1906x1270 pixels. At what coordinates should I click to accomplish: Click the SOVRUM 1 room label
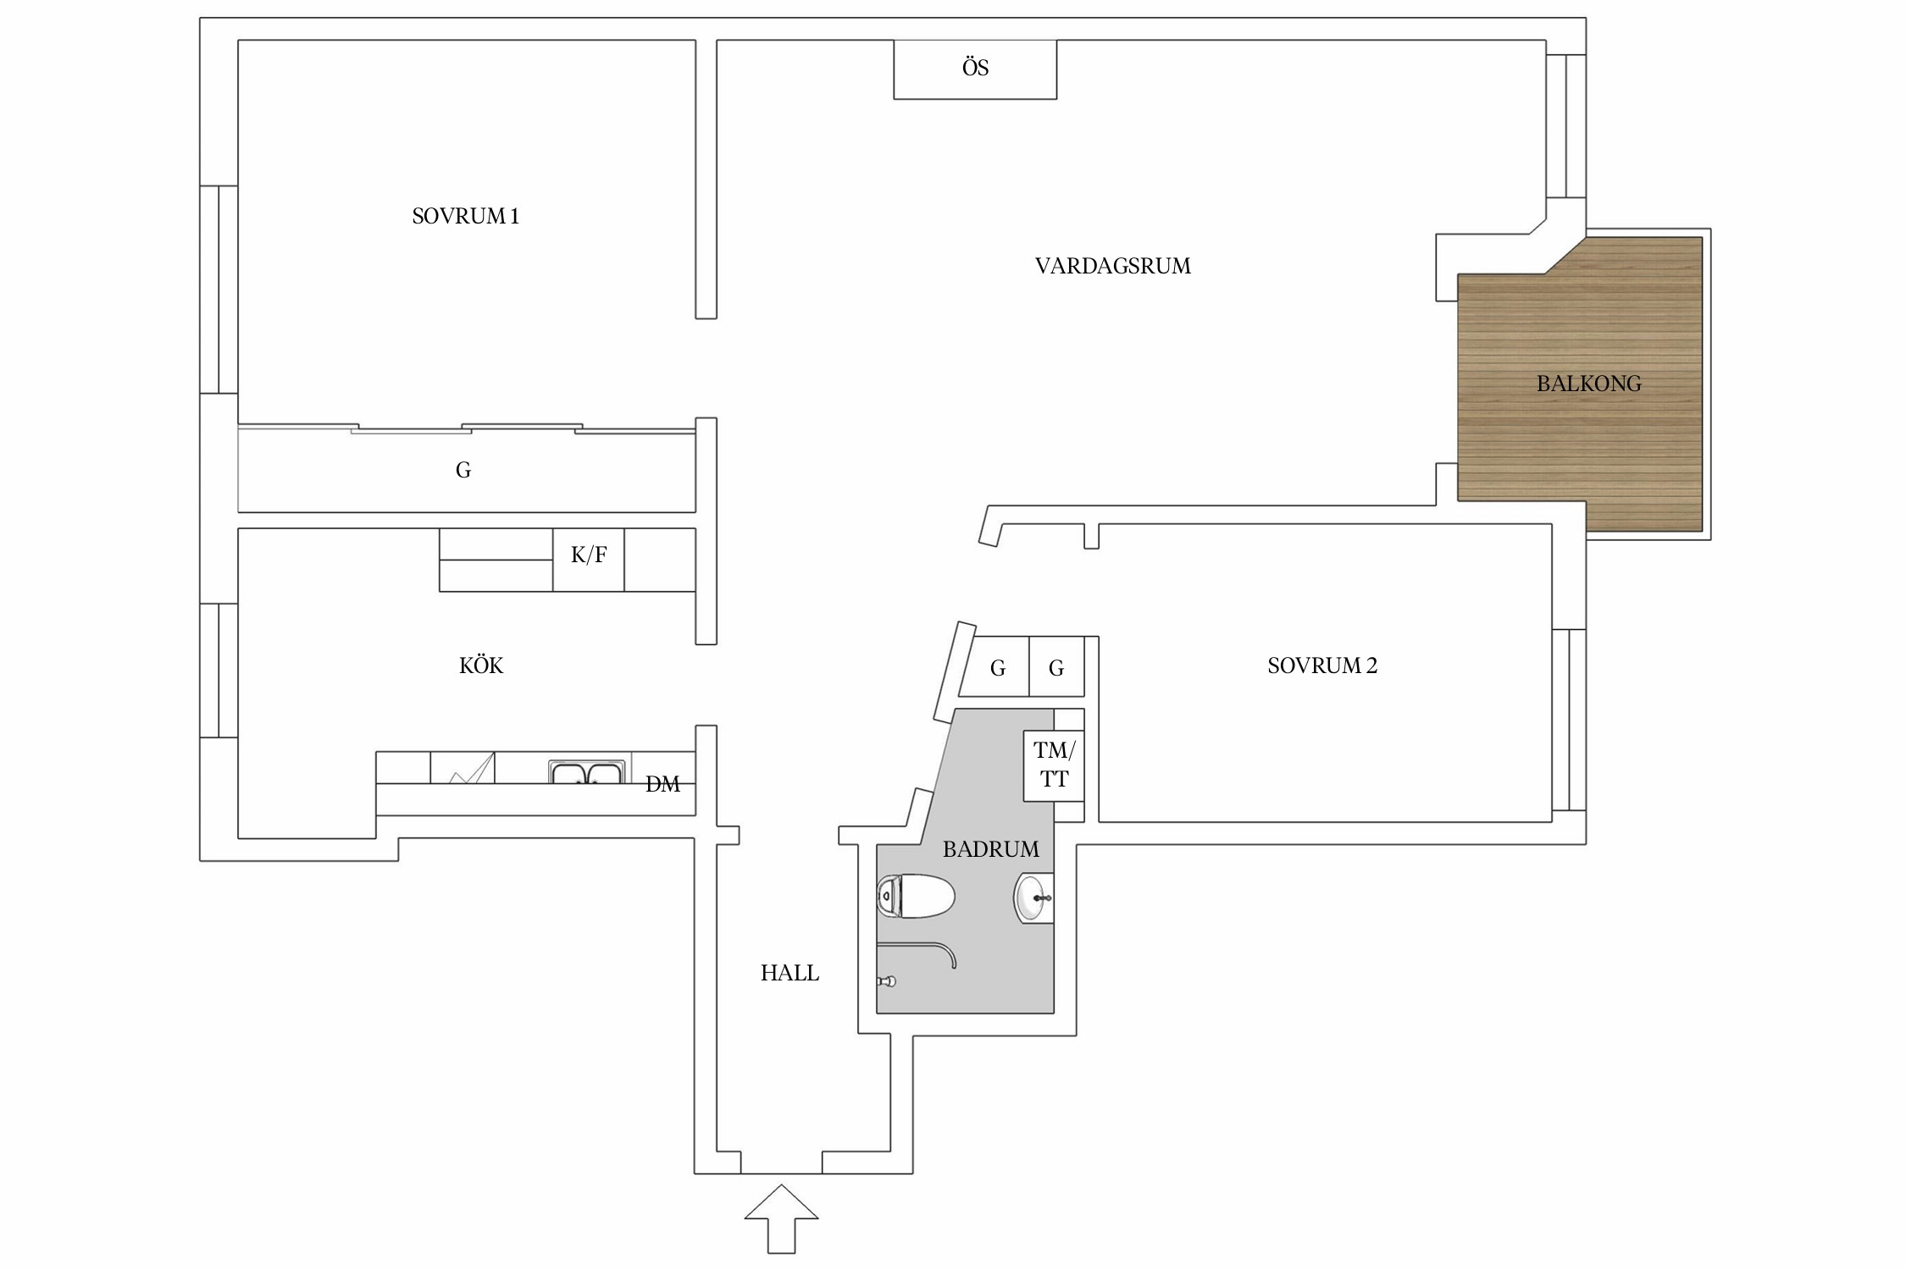(x=465, y=217)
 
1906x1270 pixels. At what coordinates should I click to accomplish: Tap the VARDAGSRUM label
(x=1112, y=267)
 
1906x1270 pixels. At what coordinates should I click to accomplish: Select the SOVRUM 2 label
(x=1322, y=666)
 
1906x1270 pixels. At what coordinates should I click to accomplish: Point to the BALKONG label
(x=1588, y=384)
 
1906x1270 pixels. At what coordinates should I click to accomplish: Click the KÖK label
(x=481, y=665)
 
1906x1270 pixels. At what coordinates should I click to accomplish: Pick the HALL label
(x=790, y=974)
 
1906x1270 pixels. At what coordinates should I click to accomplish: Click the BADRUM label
(x=990, y=849)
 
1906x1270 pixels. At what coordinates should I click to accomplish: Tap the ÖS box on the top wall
(x=975, y=69)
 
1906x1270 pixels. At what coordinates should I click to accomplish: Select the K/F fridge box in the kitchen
(x=589, y=560)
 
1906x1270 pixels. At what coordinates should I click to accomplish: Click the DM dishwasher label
(x=662, y=785)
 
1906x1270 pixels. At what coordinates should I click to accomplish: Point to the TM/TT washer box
(x=1054, y=765)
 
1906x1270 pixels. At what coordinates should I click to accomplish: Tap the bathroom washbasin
(x=1033, y=898)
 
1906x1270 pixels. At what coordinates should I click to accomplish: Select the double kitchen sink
(x=586, y=772)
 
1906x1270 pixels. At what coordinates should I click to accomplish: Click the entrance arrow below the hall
(x=781, y=1218)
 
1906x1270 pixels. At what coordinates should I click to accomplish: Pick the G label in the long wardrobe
(x=463, y=471)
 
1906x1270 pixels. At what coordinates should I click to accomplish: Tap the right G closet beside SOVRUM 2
(x=1056, y=667)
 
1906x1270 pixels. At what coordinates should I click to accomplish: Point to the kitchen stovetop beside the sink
(x=463, y=768)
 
